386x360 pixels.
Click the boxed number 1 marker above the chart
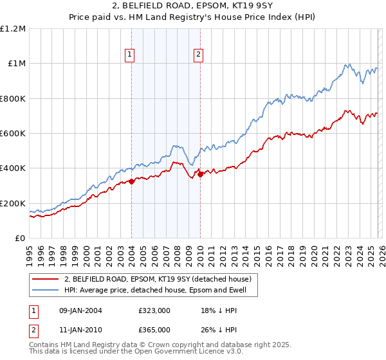pyautogui.click(x=131, y=55)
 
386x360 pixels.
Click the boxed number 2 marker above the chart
pyautogui.click(x=199, y=55)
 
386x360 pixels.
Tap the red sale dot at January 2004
pyautogui.click(x=131, y=181)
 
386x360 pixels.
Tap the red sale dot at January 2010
pyautogui.click(x=200, y=174)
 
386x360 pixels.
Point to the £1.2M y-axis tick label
pyautogui.click(x=14, y=29)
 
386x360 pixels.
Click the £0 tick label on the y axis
pyautogui.click(x=20, y=239)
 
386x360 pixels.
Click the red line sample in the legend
pyautogui.click(x=46, y=279)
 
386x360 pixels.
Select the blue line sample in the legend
pyautogui.click(x=46, y=290)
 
